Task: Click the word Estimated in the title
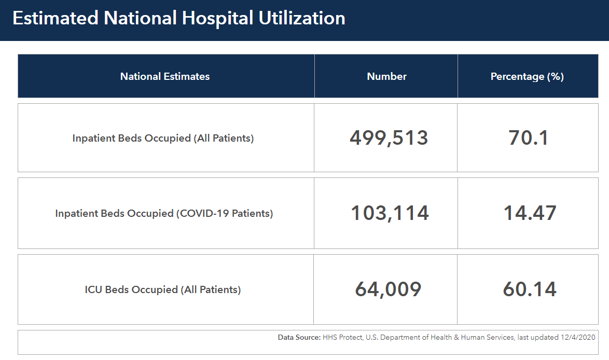pos(55,19)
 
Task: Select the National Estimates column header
pos(165,76)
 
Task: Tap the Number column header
pos(386,76)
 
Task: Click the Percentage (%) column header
pos(527,76)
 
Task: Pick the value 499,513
pos(389,138)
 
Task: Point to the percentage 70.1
pos(529,138)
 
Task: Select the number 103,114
pos(390,213)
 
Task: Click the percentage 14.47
pos(530,213)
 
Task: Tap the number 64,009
pos(388,289)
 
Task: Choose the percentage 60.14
pos(530,289)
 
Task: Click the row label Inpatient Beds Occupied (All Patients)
pos(163,139)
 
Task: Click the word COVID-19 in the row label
pos(204,213)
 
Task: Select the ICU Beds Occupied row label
pos(163,289)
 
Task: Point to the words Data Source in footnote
pos(299,337)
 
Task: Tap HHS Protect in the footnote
pos(342,337)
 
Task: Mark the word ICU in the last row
pos(93,289)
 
